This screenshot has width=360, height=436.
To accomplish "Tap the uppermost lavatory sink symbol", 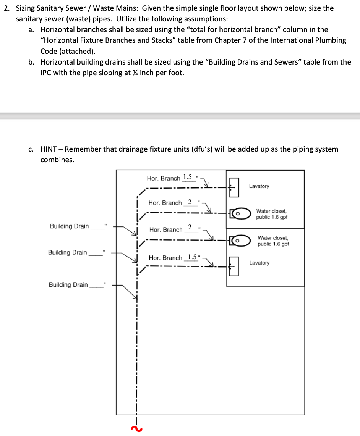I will (234, 187).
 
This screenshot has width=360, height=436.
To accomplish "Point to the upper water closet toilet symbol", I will (240, 214).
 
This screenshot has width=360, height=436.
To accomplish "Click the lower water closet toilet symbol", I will (240, 240).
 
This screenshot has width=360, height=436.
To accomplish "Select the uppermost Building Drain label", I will (69, 226).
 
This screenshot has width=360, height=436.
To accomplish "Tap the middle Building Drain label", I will (68, 253).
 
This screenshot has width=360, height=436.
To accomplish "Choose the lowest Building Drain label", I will (68, 285).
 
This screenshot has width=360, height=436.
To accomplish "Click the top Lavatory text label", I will (259, 186).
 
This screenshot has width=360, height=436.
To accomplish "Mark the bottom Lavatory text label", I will (259, 263).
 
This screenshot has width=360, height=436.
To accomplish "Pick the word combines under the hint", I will (57, 160).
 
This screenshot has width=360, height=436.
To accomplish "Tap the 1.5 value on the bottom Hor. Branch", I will (190, 257).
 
